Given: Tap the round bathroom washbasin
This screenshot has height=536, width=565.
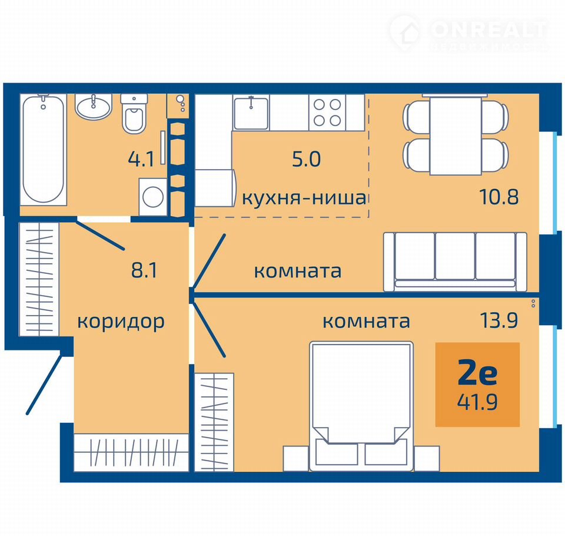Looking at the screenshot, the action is tap(94, 107).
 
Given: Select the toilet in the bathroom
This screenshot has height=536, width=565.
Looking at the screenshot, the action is tap(134, 114).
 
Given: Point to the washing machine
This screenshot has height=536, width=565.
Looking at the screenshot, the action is tap(153, 197).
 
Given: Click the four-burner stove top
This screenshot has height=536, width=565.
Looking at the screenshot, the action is tap(327, 112).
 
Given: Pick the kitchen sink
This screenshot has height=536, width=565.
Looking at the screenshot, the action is tap(251, 112).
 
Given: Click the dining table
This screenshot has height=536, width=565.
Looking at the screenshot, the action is tap(456, 135).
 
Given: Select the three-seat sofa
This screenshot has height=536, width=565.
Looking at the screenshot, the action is tap(455, 262).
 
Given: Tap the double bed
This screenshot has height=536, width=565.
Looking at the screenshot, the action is tap(361, 406).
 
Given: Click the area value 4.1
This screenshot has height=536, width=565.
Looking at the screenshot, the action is tap(141, 159).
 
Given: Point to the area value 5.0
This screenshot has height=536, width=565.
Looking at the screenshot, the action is tap(306, 159).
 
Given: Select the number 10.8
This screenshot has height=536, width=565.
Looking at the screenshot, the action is tap(499, 197).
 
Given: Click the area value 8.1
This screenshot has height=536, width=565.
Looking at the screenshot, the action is tap(144, 270).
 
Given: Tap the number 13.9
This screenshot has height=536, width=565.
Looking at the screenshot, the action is tap(499, 320).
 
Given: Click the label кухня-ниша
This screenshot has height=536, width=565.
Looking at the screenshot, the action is tap(304, 198).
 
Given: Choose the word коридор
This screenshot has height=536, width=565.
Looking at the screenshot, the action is tap(121, 322).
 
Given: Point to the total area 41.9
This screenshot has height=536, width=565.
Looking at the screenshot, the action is tap(477, 402).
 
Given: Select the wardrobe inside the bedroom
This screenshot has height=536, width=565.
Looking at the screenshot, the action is tap(214, 422).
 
